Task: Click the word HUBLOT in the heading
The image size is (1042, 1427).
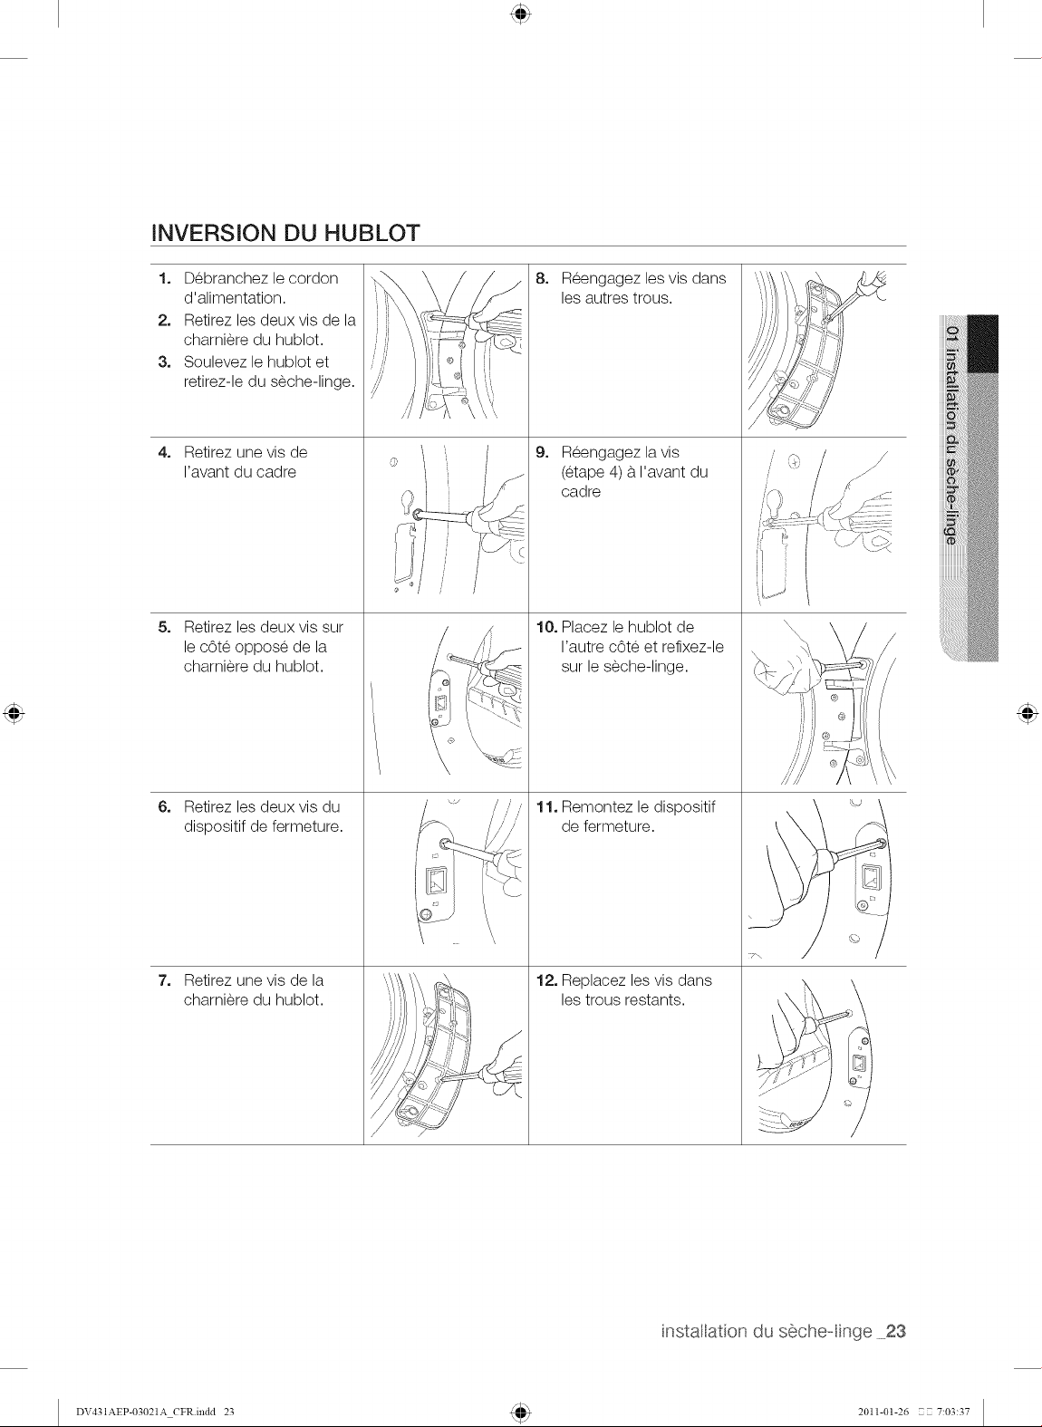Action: coord(372,233)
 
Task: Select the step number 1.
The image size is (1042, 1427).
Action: coord(164,279)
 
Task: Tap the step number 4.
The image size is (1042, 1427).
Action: coord(164,453)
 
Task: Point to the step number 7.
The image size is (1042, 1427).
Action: coord(164,980)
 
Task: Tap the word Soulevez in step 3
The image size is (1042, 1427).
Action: coord(214,362)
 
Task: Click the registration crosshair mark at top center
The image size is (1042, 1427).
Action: coord(521,14)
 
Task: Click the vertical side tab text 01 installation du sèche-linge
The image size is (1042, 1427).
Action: coord(951,436)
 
